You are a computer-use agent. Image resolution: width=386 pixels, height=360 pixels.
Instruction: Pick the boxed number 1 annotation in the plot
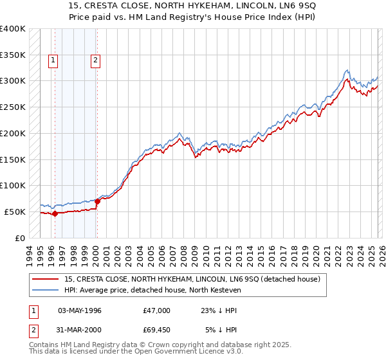[53, 61]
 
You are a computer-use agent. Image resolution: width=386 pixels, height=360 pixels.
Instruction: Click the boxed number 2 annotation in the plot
[95, 61]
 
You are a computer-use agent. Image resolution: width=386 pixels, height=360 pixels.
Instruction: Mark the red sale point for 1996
[55, 213]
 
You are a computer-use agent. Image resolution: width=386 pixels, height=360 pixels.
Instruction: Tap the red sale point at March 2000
[97, 201]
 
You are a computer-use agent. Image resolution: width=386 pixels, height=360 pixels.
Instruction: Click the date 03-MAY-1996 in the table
[80, 310]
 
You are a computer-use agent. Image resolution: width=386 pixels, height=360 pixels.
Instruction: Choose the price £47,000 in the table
[157, 310]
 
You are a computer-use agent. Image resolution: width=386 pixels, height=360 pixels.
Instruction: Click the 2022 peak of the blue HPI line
[347, 70]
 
